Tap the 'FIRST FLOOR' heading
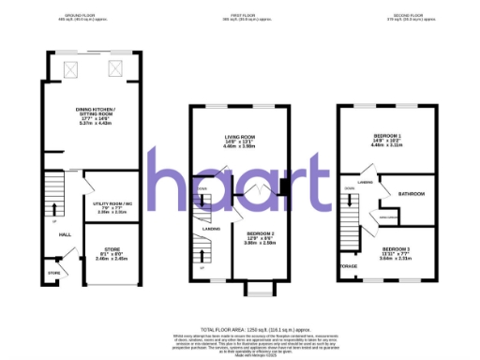(x=246, y=16)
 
